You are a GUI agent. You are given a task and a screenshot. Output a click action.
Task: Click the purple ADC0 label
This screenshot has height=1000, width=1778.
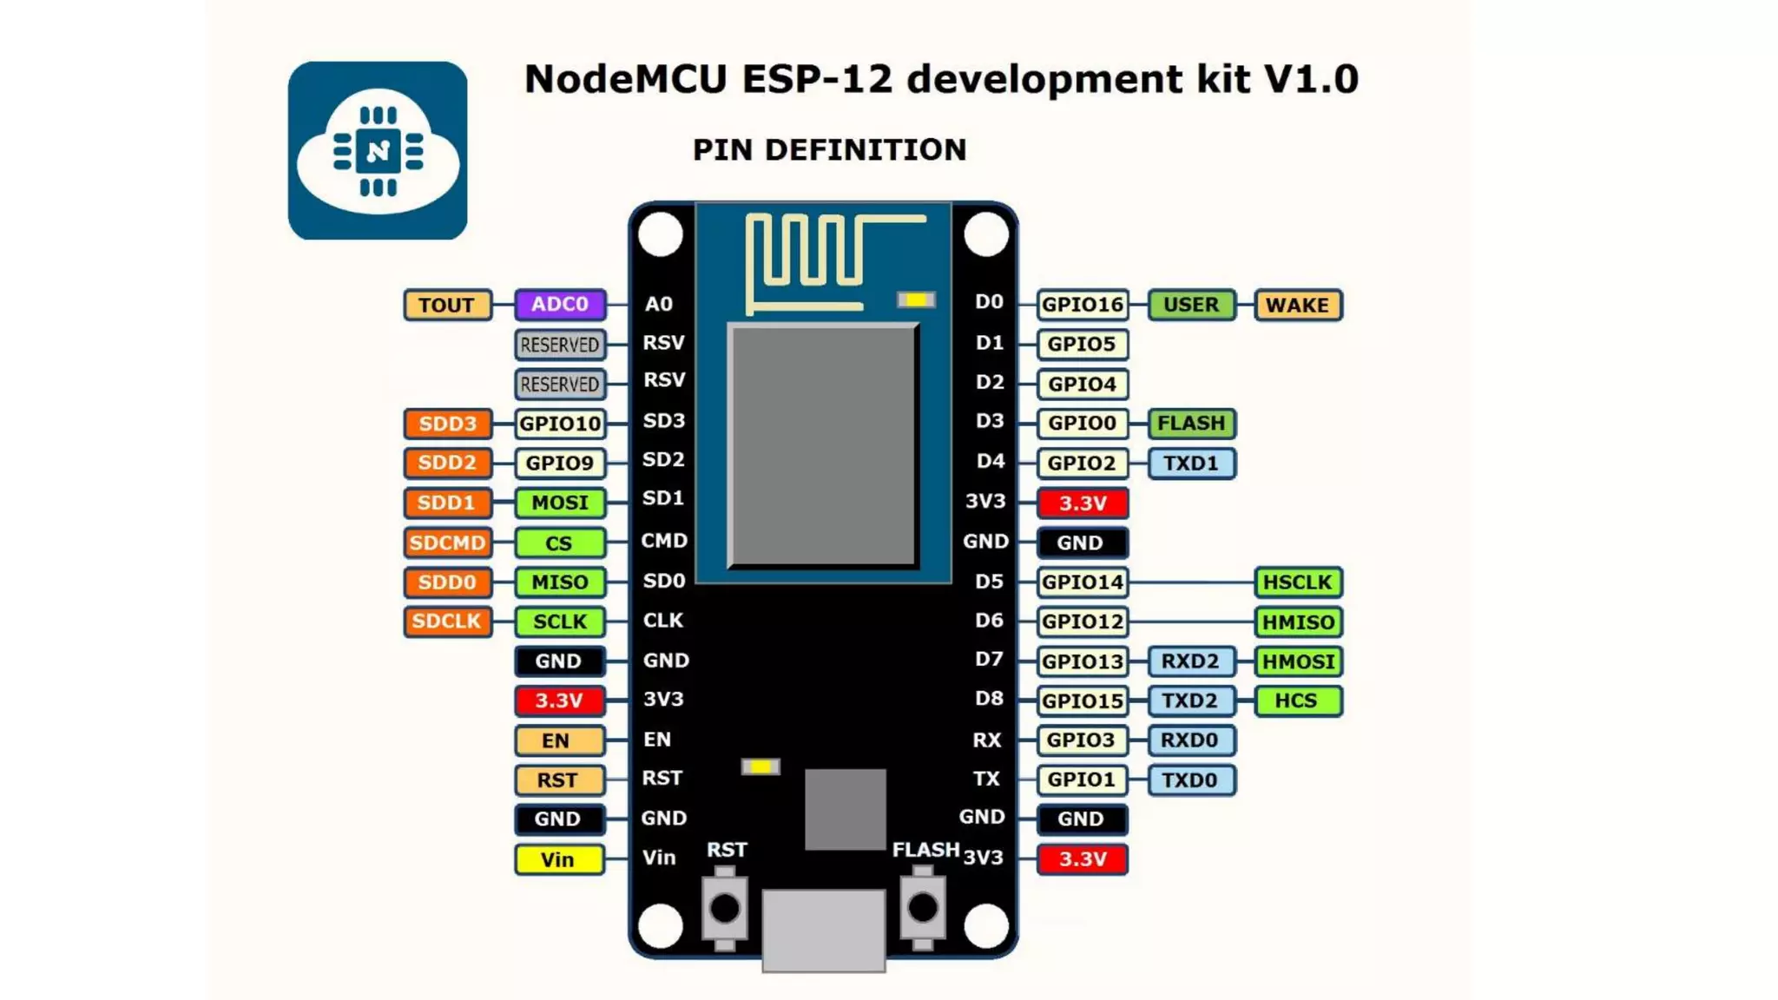(560, 305)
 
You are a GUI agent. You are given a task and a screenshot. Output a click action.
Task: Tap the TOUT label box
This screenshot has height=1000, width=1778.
(447, 305)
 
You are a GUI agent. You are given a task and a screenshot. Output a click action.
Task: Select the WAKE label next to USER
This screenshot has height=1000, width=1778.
(1297, 305)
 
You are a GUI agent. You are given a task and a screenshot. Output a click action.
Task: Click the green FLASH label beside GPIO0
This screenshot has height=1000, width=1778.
(1191, 424)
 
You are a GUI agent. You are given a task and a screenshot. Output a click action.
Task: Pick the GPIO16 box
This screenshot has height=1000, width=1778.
(1082, 305)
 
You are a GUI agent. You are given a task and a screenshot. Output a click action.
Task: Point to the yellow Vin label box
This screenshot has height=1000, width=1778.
(558, 859)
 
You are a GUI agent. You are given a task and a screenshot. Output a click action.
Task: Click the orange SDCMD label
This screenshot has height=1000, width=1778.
(447, 543)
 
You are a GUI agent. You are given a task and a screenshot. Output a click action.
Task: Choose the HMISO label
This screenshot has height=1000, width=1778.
(1297, 622)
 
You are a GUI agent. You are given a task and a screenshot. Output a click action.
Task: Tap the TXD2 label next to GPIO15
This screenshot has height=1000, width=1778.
(1190, 701)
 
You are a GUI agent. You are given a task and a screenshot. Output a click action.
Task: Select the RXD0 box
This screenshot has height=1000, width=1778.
(1190, 740)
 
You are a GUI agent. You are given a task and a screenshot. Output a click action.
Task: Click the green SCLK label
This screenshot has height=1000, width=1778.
(560, 622)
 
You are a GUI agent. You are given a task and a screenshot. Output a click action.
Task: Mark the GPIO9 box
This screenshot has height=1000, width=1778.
(560, 463)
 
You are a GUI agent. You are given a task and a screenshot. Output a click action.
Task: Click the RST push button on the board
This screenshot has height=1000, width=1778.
(725, 909)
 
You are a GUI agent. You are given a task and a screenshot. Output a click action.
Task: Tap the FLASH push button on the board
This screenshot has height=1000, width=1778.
(922, 909)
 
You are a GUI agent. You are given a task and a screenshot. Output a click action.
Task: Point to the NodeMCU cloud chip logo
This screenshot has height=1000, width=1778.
(378, 150)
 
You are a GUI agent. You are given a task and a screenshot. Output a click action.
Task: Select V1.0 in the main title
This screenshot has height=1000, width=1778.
(1310, 79)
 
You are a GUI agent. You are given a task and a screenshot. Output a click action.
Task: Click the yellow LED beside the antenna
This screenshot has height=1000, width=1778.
(916, 300)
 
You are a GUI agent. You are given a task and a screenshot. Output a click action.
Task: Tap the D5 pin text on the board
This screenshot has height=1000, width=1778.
(989, 582)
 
